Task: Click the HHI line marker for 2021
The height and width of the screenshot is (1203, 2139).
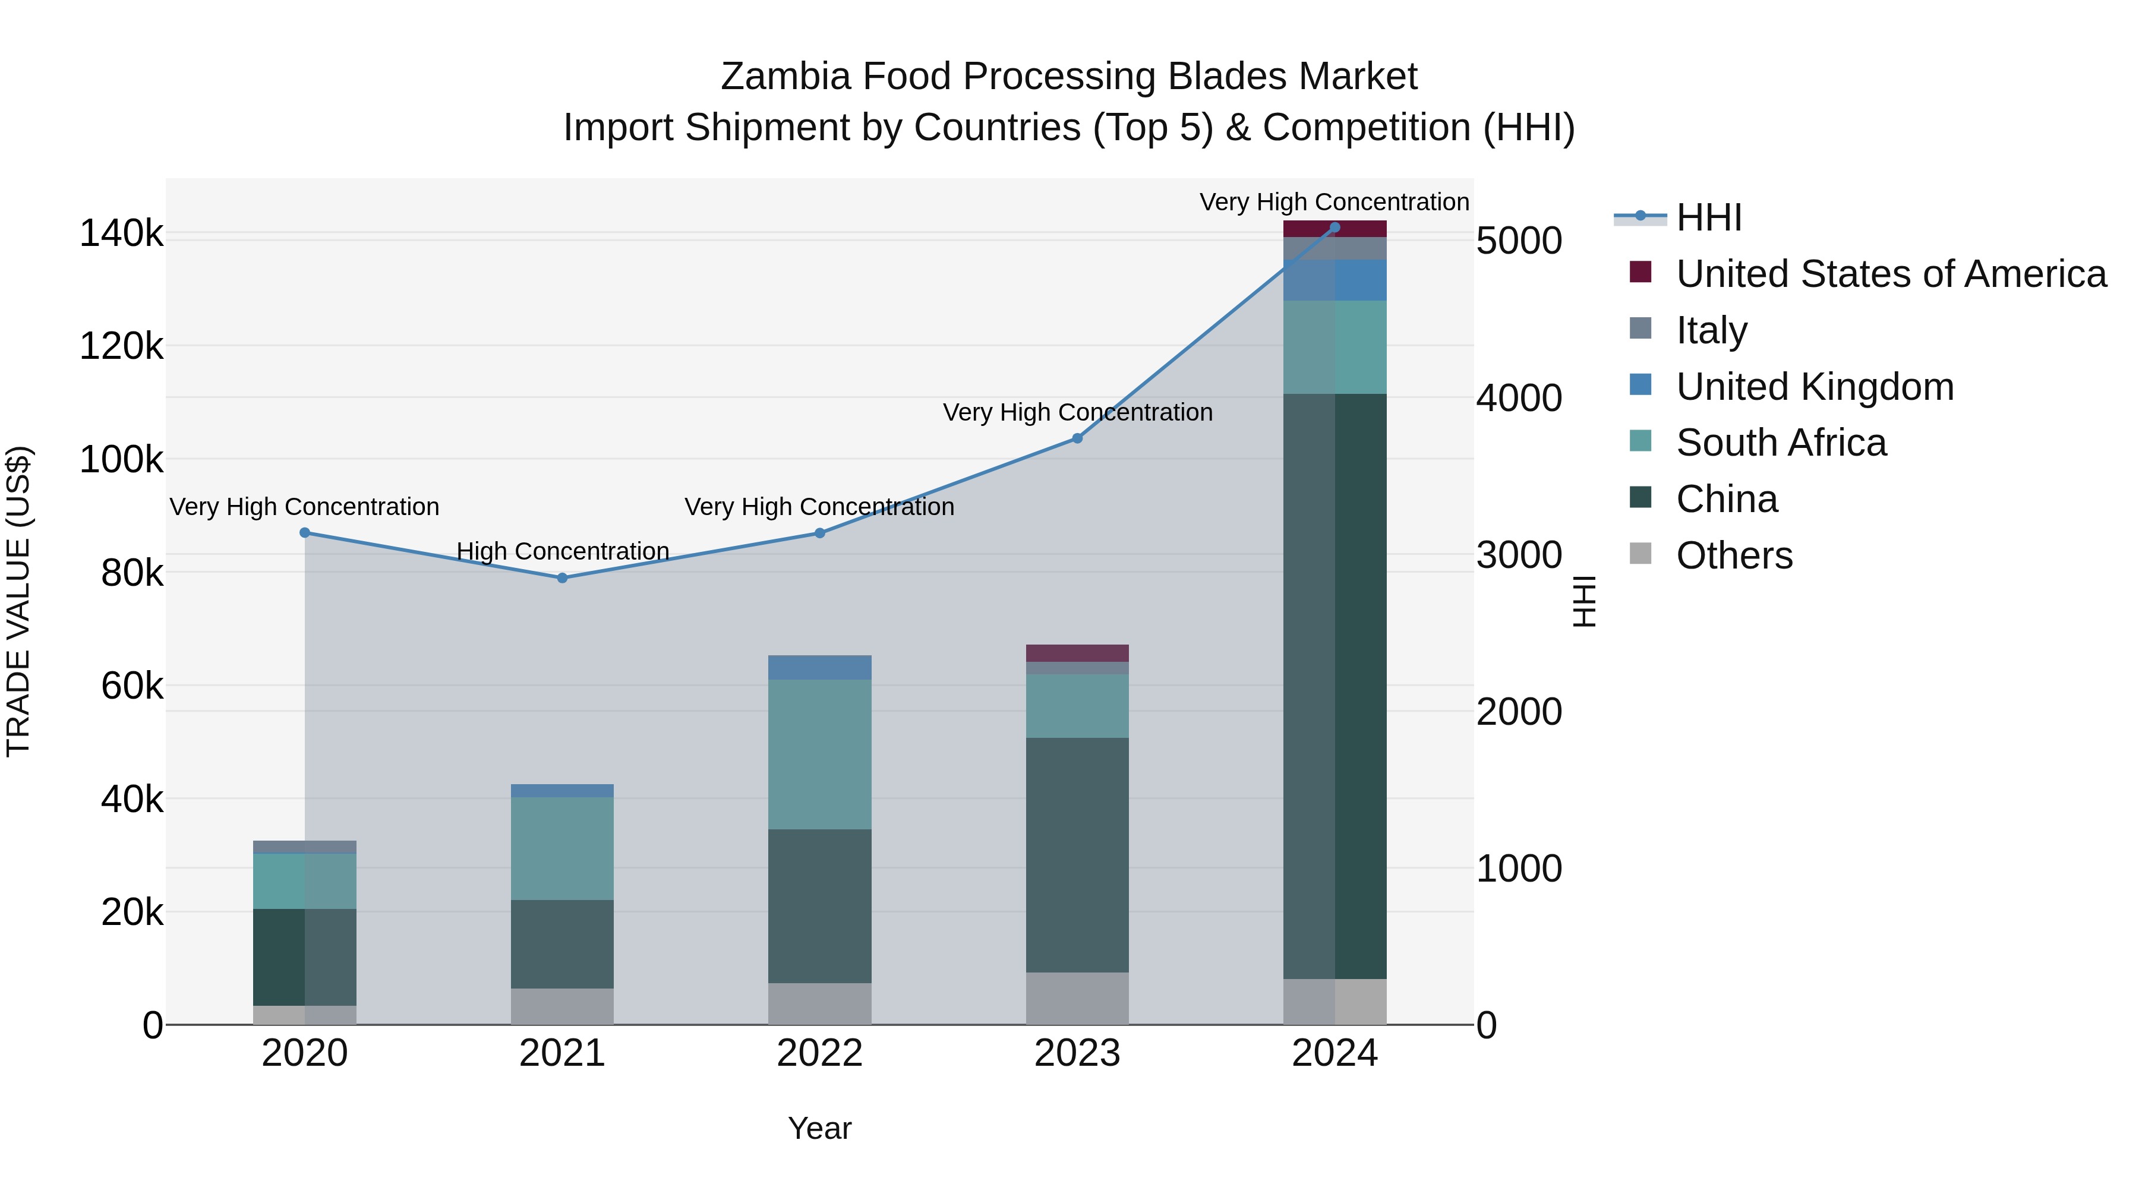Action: tap(562, 578)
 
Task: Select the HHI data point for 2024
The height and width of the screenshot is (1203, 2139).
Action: tap(1334, 228)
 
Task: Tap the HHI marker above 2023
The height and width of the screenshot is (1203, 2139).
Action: tap(1077, 438)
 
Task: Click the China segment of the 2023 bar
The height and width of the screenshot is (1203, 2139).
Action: tap(1077, 855)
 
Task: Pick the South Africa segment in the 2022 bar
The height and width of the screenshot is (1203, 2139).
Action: tap(819, 754)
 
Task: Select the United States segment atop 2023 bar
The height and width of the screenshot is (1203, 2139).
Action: tap(1077, 652)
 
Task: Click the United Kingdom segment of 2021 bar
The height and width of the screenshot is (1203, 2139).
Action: tap(562, 790)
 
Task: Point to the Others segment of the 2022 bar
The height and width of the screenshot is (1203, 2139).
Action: tap(819, 1004)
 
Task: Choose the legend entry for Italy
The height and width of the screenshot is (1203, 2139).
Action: tap(1711, 330)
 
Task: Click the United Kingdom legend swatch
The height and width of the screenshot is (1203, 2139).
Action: tap(1640, 385)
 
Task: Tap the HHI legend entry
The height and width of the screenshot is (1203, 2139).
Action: tap(1708, 217)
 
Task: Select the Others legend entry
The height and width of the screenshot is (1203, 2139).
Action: tap(1734, 555)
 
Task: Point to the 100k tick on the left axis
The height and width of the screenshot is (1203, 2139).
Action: tap(121, 459)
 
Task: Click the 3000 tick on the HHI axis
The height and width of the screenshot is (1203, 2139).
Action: tap(1519, 555)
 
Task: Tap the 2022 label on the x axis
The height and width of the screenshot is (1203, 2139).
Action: tap(819, 1053)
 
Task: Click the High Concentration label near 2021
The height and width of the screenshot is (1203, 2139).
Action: tap(562, 551)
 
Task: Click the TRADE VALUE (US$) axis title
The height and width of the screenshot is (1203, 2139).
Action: tap(18, 601)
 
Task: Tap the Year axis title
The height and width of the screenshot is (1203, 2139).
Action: tap(819, 1128)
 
